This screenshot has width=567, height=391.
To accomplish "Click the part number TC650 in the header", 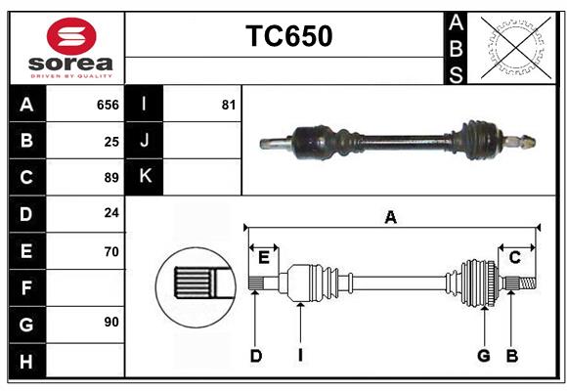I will point(288,36).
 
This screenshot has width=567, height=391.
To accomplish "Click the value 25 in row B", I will point(111,141).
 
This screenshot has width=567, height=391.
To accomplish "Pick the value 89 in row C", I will point(111,178).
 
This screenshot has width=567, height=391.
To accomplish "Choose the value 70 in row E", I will point(111,251).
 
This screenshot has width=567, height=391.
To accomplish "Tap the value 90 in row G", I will point(111,321).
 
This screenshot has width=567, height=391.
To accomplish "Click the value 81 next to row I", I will point(228,105).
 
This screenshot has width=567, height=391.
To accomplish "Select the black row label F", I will point(26,288).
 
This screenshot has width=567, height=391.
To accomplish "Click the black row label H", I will point(26,361).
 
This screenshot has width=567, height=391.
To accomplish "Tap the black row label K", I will point(144,177).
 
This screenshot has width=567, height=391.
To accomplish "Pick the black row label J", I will point(144,141).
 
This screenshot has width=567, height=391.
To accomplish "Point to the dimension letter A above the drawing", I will point(390,217).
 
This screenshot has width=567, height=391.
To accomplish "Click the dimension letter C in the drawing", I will point(514,257).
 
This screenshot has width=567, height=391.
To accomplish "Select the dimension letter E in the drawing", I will point(264,257).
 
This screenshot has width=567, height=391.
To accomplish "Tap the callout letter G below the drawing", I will point(483,356).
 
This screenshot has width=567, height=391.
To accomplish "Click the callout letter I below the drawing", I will point(300,356).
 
